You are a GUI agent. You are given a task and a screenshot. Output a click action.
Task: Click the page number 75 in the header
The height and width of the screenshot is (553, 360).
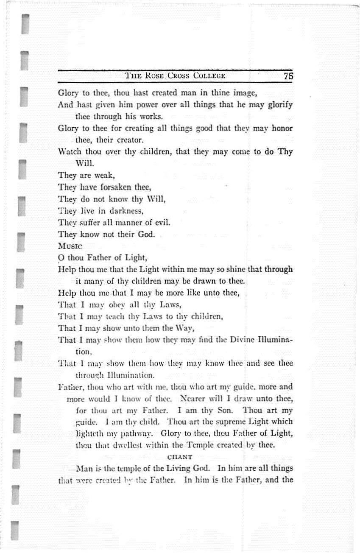coord(288,76)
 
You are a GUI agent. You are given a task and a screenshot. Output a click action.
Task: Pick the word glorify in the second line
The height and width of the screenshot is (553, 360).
coord(278,104)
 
